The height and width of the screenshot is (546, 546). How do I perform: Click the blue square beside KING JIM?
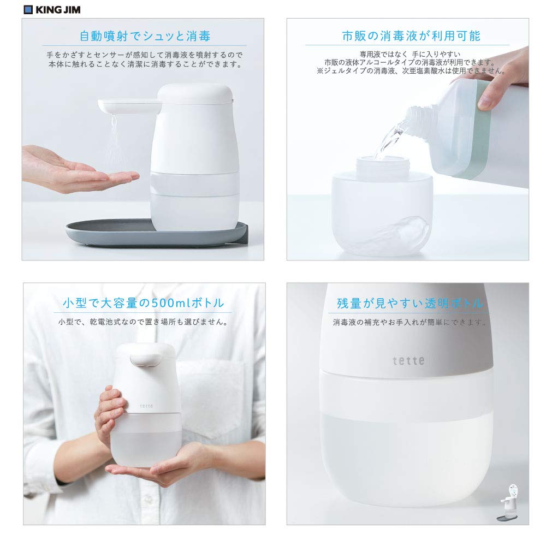tap(28, 9)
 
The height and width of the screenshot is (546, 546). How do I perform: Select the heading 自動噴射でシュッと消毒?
tap(145, 37)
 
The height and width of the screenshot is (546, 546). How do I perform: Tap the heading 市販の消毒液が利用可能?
tap(411, 37)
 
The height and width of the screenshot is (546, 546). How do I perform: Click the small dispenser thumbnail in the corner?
tap(512, 500)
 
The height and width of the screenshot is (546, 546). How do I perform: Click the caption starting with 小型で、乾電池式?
tap(143, 322)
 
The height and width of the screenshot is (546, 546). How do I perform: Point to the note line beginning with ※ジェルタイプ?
tap(411, 70)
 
